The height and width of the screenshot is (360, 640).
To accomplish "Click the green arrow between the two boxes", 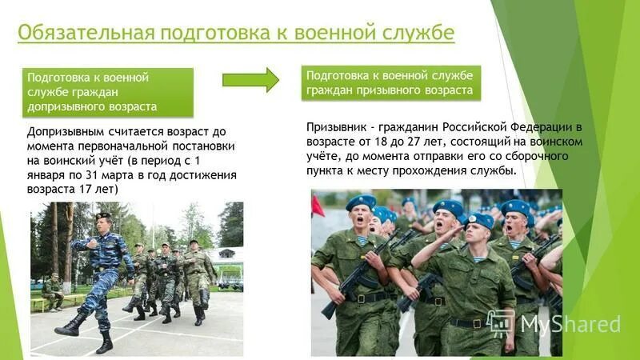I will click(x=250, y=79).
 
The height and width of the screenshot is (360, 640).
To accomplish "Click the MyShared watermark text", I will click(x=570, y=324).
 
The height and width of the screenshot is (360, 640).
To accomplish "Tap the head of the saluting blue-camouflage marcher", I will click(x=103, y=221).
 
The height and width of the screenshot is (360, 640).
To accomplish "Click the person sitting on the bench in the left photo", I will click(x=52, y=290).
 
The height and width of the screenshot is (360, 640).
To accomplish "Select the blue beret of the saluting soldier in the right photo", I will click(x=480, y=221).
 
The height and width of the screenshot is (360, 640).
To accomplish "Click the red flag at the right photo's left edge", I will click(x=318, y=205).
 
